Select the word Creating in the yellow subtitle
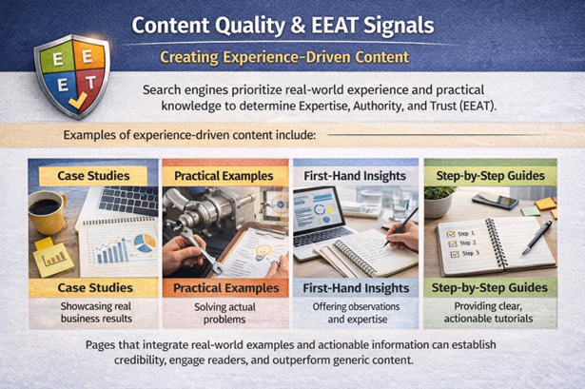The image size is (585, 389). point(194,57)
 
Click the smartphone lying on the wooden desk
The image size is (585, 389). point(494,201)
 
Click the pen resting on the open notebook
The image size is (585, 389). point(536,235)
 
